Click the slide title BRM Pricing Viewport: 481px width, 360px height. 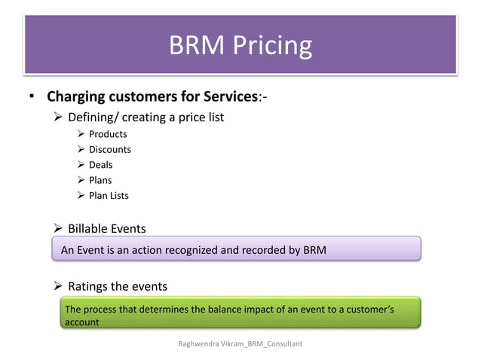pos(240,45)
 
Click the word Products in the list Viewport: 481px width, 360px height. pos(108,134)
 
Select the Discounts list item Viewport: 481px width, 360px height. pos(109,149)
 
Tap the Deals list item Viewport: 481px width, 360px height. pos(100,165)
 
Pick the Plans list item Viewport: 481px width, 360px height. pos(100,180)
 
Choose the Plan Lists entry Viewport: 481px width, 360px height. pos(109,196)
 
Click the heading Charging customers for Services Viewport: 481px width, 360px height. pos(152,97)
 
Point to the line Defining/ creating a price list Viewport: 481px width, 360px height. pos(146,117)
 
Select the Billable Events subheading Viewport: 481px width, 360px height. pos(106,228)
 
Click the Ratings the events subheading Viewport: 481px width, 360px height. pos(117,286)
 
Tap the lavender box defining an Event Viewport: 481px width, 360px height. pos(235,249)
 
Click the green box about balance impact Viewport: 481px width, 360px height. pos(240,314)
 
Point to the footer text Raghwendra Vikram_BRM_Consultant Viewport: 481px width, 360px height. pos(240,343)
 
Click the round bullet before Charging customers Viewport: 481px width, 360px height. pos(32,98)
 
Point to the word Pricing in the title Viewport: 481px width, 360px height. pos(274,45)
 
